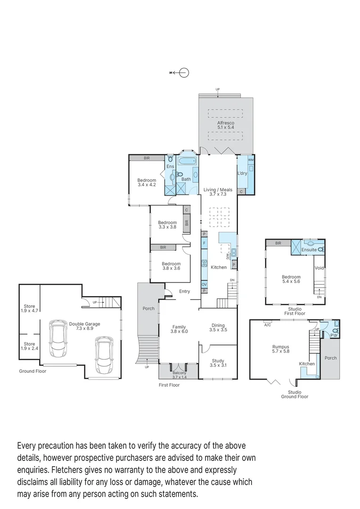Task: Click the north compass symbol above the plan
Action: (184, 72)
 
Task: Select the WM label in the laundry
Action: (250, 160)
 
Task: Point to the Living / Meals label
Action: (218, 191)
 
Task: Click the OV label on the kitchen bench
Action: (205, 285)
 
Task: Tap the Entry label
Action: (184, 291)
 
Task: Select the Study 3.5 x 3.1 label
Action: (218, 363)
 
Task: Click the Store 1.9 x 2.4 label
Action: (29, 346)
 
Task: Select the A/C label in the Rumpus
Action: (268, 325)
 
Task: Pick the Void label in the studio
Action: (319, 268)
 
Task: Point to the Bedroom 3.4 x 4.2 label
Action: (147, 182)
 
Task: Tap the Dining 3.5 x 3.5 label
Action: (218, 328)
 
